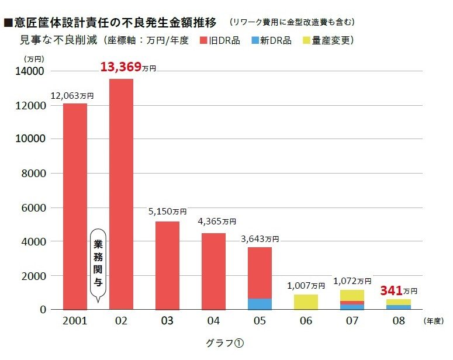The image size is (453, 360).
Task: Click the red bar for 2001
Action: pyautogui.click(x=75, y=205)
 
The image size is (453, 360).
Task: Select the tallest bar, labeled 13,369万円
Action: pyautogui.click(x=121, y=193)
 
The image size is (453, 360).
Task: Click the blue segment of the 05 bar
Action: pyautogui.click(x=260, y=304)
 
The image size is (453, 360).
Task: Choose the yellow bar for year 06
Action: pyautogui.click(x=306, y=302)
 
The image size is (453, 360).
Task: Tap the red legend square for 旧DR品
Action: pyautogui.click(x=204, y=40)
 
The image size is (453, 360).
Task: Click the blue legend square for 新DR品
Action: pyautogui.click(x=255, y=40)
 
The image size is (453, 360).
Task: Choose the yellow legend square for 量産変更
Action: pyautogui.click(x=307, y=40)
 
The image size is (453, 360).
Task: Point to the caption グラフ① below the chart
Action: pyautogui.click(x=225, y=344)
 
